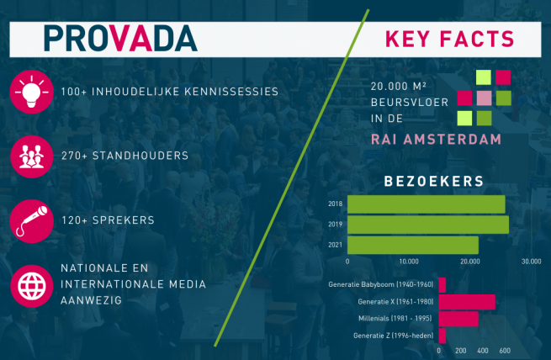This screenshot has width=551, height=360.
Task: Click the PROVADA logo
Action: click(120, 39)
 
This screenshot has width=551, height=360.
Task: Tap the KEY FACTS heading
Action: click(450, 39)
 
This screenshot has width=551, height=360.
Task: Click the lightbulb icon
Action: click(32, 92)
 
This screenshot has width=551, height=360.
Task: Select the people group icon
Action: click(32, 156)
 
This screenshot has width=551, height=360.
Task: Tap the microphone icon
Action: click(32, 221)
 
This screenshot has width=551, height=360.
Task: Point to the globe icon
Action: click(32, 286)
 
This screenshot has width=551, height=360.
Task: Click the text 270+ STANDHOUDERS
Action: click(125, 156)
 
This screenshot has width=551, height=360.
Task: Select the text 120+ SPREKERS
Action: click(109, 220)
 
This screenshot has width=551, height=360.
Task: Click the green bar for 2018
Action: click(426, 204)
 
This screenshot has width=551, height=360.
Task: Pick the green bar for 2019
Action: click(428, 225)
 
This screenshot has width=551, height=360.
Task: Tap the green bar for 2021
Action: click(413, 245)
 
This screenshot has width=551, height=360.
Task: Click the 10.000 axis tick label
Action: click(409, 262)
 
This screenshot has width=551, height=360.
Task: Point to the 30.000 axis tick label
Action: click(532, 262)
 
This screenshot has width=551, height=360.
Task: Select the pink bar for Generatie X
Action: click(467, 302)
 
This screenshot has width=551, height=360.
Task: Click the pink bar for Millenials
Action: click(458, 319)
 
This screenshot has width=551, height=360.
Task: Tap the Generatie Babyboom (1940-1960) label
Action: click(381, 284)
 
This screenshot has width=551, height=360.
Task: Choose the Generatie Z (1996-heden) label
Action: click(394, 336)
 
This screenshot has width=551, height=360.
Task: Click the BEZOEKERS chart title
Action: click(434, 182)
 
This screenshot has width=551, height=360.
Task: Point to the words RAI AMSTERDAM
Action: click(436, 140)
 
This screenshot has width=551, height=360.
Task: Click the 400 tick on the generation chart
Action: click(483, 351)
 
